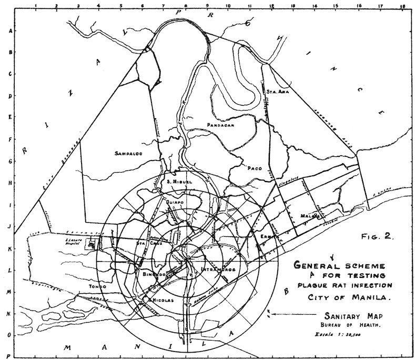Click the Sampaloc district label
pos(129,154)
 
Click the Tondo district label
pos(97,287)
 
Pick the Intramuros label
pos(217,269)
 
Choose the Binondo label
pos(155,275)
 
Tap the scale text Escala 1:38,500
pos(346,335)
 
